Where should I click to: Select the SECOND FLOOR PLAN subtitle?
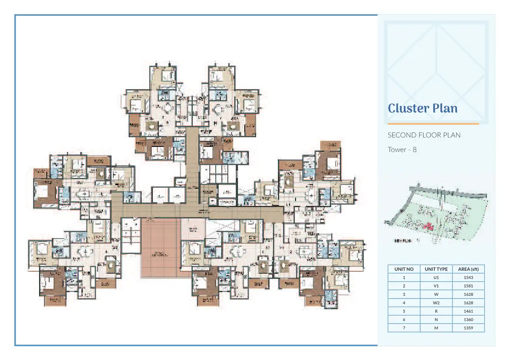coord(424,135)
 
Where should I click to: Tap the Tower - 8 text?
coord(402,150)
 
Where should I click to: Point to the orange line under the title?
coord(433,124)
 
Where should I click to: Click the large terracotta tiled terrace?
coord(161,248)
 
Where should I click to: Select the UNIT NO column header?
coord(404,269)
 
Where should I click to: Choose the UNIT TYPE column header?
coord(436,269)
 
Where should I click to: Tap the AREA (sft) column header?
coord(468,269)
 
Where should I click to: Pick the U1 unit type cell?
coord(436,278)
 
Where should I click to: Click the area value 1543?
coord(468,278)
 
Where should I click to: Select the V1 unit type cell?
coord(436,286)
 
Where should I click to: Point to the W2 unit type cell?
coord(436,303)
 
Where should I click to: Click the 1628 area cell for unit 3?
coord(468,295)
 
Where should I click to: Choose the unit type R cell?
coord(436,311)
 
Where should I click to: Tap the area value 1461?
coord(468,311)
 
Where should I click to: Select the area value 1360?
coord(468,320)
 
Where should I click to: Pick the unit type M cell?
coord(436,328)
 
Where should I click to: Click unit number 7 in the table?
coord(404,328)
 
